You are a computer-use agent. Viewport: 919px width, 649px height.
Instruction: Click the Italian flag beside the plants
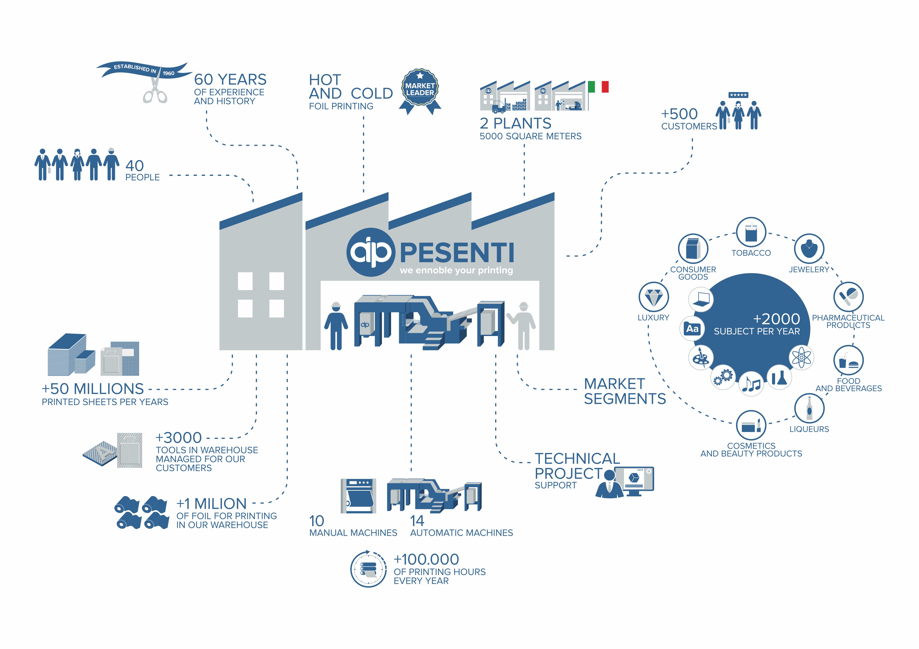[x=598, y=87]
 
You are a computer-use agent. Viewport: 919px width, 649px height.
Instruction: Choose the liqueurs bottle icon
[x=809, y=408]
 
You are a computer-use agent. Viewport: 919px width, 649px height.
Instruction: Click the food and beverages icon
[x=848, y=360]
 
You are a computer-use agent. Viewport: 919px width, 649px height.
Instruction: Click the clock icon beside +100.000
[x=368, y=569]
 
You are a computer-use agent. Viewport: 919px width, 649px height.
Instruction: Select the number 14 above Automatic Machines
[x=417, y=521]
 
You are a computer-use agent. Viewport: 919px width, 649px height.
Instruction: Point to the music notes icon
[x=751, y=384]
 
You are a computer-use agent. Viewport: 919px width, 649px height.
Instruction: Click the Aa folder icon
[x=692, y=329]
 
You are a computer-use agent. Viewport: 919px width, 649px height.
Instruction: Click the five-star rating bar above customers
[x=738, y=95]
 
